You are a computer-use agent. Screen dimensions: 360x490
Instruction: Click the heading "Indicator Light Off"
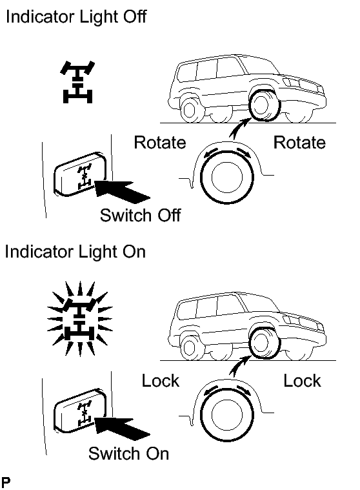click(x=76, y=17)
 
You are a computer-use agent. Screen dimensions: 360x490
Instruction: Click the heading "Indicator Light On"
click(x=75, y=252)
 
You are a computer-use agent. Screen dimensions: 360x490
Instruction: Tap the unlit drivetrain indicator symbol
click(x=77, y=82)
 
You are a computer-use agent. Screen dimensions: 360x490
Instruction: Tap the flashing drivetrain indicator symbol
click(x=79, y=319)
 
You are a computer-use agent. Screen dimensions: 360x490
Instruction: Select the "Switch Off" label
click(x=140, y=216)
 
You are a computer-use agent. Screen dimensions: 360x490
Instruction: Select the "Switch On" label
click(x=128, y=453)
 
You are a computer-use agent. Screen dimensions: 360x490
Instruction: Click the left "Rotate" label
click(x=160, y=143)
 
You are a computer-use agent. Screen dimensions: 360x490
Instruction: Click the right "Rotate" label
click(x=299, y=143)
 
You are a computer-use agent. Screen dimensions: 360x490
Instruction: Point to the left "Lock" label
click(x=161, y=381)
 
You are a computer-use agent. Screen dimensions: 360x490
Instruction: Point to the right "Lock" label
click(x=302, y=381)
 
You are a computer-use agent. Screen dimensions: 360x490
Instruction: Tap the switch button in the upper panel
click(x=79, y=174)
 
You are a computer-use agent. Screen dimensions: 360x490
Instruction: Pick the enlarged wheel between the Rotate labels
click(x=226, y=177)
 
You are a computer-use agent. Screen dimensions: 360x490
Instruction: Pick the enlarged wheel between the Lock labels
click(x=226, y=414)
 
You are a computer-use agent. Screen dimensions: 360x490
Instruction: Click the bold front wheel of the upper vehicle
click(x=264, y=105)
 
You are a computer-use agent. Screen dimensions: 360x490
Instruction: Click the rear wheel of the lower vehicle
click(x=190, y=347)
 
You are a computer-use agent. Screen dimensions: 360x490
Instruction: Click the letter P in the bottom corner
click(x=6, y=482)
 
